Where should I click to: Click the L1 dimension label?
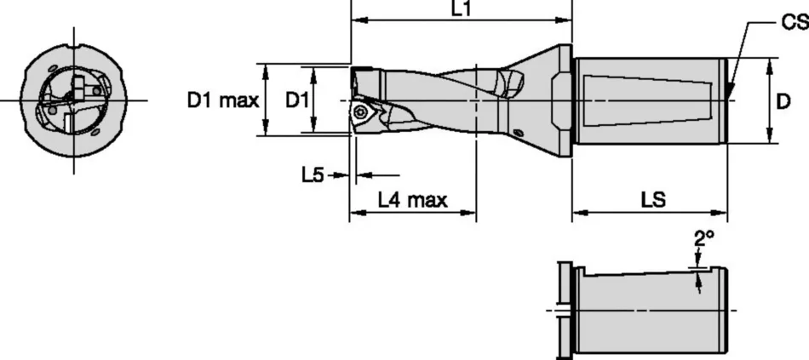(x=462, y=9)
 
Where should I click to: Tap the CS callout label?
(x=794, y=26)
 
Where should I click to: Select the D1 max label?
(x=222, y=100)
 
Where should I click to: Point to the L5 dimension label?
(x=313, y=174)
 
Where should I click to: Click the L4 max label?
(x=412, y=201)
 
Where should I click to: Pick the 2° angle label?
(x=703, y=240)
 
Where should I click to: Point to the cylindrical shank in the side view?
(x=651, y=100)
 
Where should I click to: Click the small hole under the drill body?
(x=519, y=132)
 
